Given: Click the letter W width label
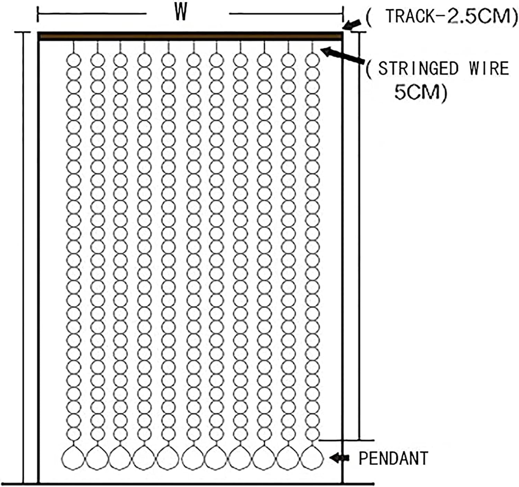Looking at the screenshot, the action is (181, 13).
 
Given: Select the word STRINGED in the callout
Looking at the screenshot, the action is (418, 68).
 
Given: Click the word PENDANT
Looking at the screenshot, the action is (393, 458).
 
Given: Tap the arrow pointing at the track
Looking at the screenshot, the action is (352, 25).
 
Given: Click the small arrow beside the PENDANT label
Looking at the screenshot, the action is (339, 458).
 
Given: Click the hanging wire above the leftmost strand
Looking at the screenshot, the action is (74, 47).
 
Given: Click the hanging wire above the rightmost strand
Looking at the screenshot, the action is (312, 47).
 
